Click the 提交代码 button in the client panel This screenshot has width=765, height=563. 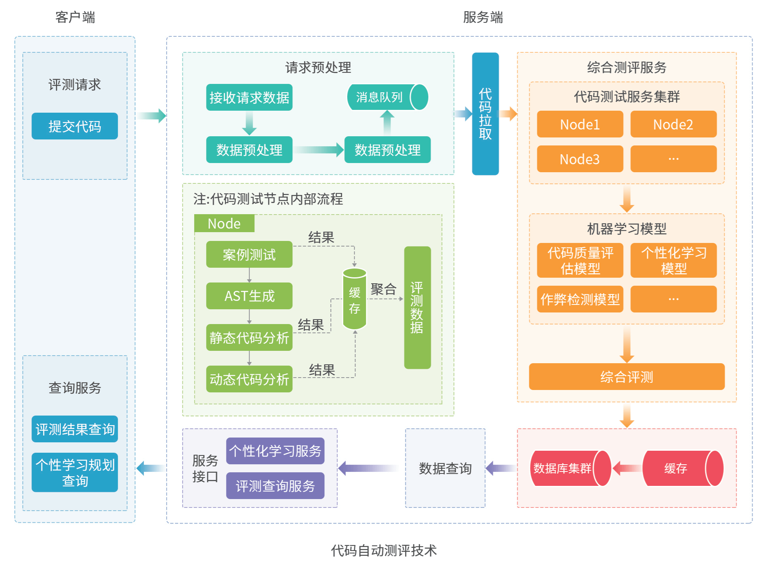[x=75, y=126]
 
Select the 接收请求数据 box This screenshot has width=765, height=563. [x=249, y=97]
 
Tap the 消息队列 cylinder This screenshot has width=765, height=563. [x=387, y=97]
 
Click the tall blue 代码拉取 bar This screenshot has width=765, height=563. [x=485, y=114]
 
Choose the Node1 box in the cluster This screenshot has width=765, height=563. [x=580, y=124]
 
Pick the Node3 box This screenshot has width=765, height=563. [x=580, y=159]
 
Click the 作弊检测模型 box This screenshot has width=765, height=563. [x=580, y=299]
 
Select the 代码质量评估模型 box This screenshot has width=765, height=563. [x=580, y=261]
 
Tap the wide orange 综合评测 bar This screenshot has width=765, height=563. [x=626, y=376]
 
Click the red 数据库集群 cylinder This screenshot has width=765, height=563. [x=569, y=468]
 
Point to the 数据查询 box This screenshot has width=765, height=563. [x=445, y=468]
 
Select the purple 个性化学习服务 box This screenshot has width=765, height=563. [x=275, y=451]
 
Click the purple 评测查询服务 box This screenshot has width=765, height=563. [x=275, y=486]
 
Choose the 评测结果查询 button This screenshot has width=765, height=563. [x=75, y=429]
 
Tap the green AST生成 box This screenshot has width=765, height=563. [x=249, y=296]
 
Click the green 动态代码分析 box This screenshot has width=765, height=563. [x=249, y=379]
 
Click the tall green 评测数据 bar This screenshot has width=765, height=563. [x=417, y=307]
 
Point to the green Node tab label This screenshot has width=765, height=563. [x=224, y=223]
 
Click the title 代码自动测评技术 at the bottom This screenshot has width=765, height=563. [x=383, y=550]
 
